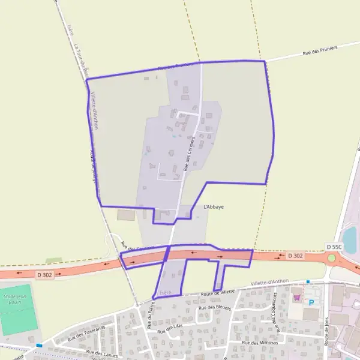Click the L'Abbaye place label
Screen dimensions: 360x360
pos(214,207)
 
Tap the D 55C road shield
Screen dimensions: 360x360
pos(334,247)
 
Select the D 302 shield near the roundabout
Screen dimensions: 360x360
pos(294,256)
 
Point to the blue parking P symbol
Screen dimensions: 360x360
pos(311,303)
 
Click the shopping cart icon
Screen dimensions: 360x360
pos(296,296)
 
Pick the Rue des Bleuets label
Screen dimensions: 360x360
pos(214,308)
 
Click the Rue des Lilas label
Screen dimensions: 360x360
pos(170,328)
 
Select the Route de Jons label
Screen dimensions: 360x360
pos(327,330)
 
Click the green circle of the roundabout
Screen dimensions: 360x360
pos(331,258)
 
